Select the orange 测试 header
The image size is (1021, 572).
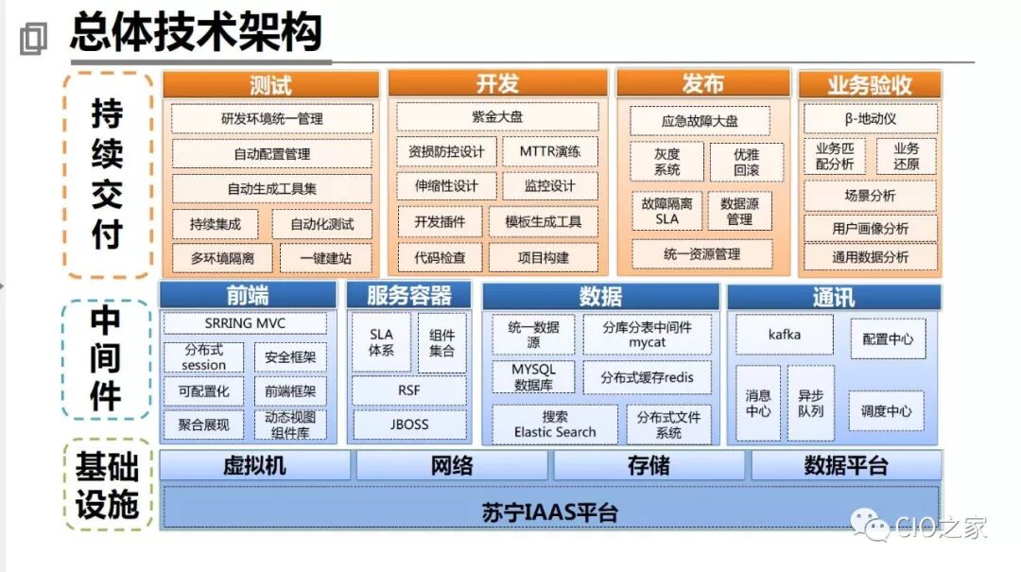[270, 84]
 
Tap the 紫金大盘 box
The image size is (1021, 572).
[497, 117]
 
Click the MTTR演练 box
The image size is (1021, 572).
[550, 151]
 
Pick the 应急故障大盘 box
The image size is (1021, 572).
[700, 121]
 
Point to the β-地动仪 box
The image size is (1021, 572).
[871, 119]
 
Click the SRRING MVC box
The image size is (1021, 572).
[245, 323]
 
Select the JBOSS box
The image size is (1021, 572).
[409, 425]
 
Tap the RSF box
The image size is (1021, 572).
[409, 390]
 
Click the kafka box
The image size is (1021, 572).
[785, 335]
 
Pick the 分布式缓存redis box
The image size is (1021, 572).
[647, 377]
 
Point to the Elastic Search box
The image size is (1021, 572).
[555, 425]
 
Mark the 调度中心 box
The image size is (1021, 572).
[886, 411]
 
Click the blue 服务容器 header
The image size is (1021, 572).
[409, 296]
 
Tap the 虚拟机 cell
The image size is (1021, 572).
[254, 466]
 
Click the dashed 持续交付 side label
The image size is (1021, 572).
[107, 175]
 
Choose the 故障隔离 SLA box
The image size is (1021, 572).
[667, 211]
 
